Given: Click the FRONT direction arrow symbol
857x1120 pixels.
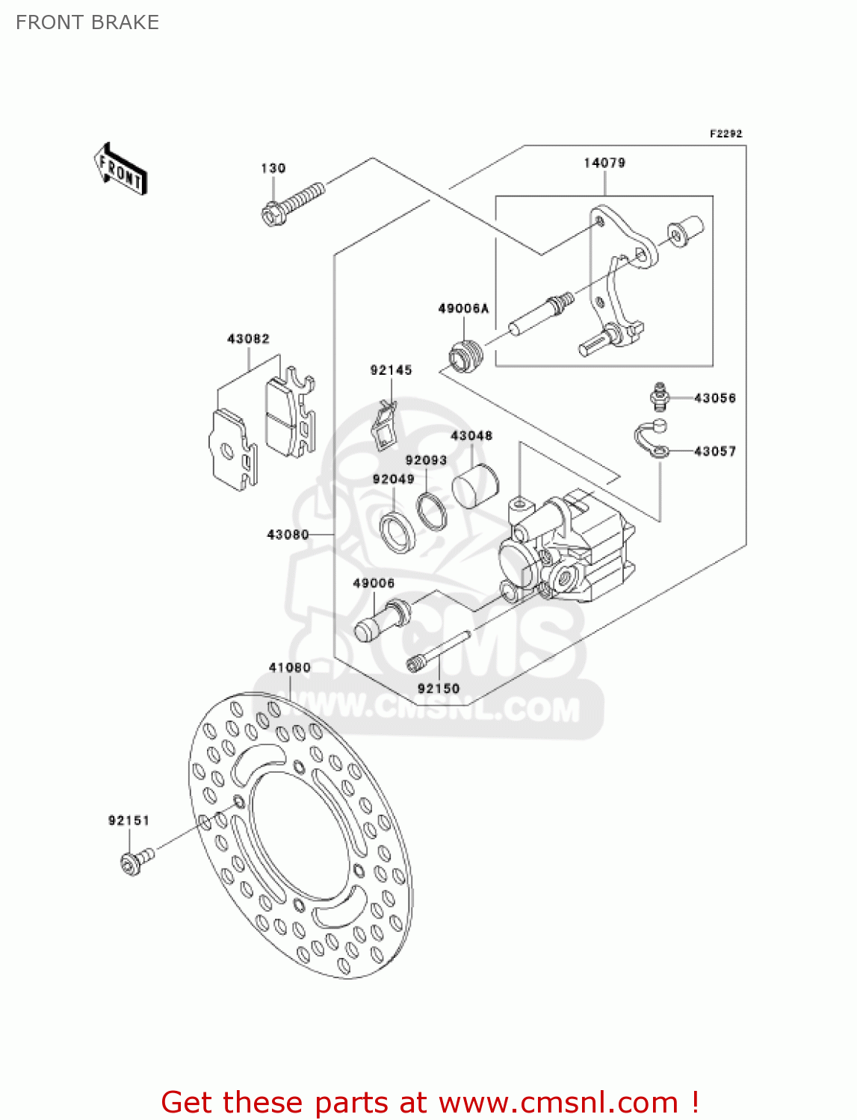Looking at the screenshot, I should [120, 169].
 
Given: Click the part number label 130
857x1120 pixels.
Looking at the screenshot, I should [273, 168].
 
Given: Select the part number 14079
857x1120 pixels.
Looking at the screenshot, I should [604, 163].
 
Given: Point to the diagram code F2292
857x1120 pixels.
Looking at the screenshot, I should [725, 134].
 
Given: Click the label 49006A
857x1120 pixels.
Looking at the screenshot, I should [463, 308].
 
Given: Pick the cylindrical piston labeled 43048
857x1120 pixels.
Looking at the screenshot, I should [474, 486].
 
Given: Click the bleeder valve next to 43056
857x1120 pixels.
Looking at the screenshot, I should [658, 396].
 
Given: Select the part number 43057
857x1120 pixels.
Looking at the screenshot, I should [715, 451].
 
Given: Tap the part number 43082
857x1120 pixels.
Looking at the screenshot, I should [248, 339].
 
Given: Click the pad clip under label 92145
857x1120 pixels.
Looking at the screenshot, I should [385, 426].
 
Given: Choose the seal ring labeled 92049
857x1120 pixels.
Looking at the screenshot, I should [398, 531].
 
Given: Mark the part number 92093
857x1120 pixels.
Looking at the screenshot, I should [426, 461].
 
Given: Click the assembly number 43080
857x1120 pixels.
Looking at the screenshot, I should [288, 535].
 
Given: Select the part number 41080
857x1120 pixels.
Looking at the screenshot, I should [290, 668].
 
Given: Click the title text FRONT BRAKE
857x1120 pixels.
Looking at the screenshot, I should [87, 22].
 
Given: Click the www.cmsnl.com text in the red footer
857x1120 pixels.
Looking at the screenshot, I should [558, 1102].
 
